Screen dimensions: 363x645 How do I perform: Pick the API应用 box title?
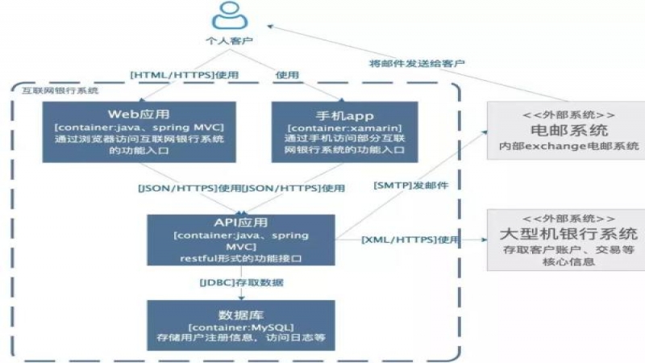(241, 222)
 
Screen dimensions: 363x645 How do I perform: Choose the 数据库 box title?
(240, 314)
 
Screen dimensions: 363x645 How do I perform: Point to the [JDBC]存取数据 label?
(241, 282)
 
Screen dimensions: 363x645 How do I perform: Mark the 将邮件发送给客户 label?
(417, 62)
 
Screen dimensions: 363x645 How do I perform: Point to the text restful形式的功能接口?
(240, 258)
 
